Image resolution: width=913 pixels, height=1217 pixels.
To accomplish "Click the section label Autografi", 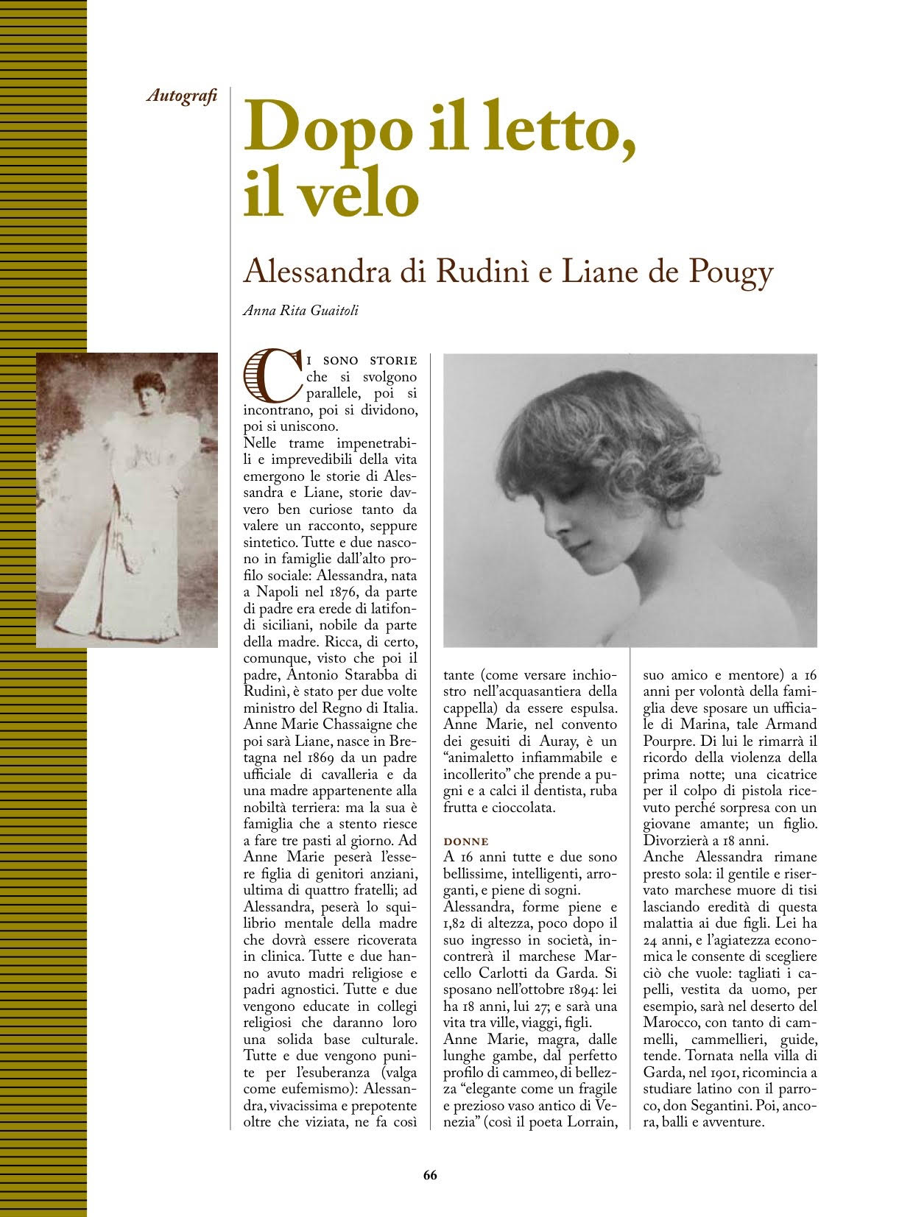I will (x=182, y=96).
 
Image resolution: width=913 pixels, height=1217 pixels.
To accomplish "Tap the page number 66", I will (x=430, y=1175).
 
